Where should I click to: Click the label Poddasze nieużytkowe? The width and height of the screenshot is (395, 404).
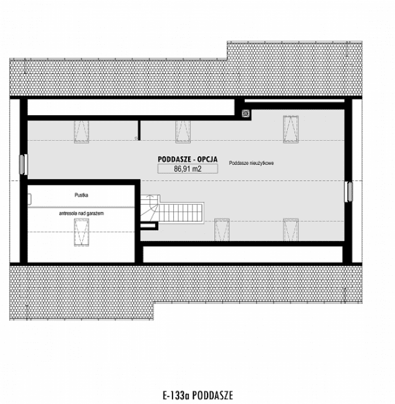coord(252,162)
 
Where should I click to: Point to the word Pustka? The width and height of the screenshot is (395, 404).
coord(81,195)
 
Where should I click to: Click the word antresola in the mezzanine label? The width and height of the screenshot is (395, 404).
coord(70,213)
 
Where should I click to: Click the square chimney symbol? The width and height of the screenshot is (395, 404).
coord(247,113)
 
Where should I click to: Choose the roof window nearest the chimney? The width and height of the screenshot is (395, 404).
coord(289,128)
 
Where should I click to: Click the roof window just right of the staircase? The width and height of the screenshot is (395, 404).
coord(221,228)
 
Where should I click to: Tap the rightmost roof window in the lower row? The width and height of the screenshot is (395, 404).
coord(289,228)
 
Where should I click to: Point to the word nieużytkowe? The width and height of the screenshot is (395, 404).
coord(264,162)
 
